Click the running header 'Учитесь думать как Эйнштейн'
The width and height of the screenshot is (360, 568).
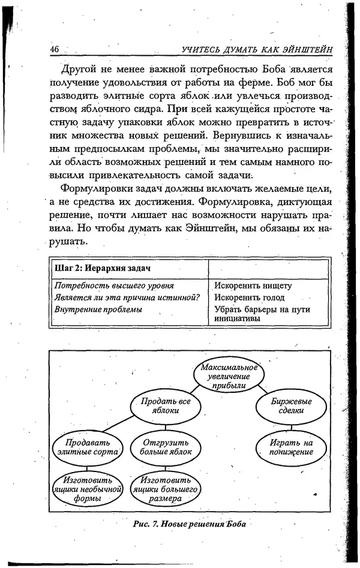(x=257, y=49)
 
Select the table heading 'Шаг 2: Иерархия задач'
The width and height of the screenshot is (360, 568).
(x=92, y=267)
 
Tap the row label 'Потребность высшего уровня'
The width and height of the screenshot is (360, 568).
(x=110, y=285)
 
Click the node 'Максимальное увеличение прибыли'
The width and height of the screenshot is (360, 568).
(x=229, y=376)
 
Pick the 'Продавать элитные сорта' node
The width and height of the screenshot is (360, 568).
(x=86, y=447)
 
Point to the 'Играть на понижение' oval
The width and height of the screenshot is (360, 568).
(x=292, y=447)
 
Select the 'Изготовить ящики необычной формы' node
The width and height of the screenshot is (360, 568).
(x=86, y=489)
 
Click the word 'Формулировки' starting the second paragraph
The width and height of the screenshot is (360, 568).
(x=95, y=188)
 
